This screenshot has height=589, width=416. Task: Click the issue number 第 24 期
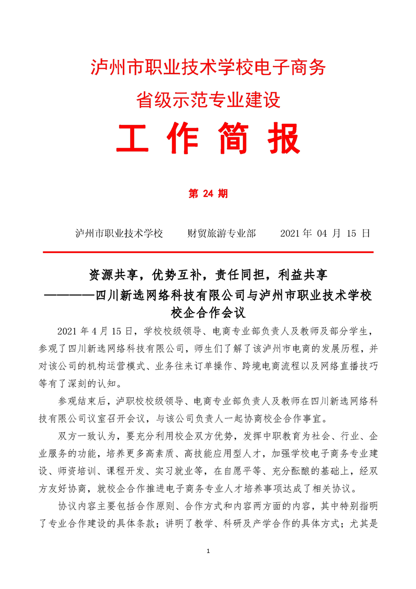pos(208,194)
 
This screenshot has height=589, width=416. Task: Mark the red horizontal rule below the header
pos(208,253)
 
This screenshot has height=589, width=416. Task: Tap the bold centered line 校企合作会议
pos(208,313)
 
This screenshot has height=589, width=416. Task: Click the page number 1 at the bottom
pos(208,551)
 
